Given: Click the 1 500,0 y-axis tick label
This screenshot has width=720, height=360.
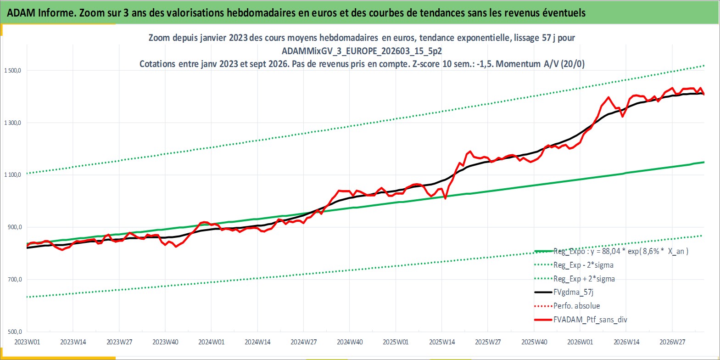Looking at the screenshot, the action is click(12, 70).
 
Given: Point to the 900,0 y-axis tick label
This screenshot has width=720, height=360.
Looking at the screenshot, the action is click(15, 227).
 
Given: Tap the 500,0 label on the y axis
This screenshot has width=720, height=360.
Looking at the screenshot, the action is click(15, 332).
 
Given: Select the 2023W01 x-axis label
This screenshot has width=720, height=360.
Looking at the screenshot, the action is click(28, 342).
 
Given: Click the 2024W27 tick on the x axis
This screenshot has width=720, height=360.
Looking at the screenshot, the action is click(304, 342).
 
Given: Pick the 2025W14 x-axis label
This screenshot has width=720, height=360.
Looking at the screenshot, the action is click(442, 342).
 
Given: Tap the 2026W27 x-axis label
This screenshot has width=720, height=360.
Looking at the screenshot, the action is click(672, 342).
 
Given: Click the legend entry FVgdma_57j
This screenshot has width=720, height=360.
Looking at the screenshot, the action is click(574, 292).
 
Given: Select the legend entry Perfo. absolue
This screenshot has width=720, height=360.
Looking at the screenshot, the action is click(577, 306).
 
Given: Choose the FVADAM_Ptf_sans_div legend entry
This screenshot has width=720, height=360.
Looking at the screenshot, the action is click(590, 320).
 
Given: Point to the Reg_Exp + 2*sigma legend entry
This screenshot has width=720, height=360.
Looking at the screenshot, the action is click(584, 279).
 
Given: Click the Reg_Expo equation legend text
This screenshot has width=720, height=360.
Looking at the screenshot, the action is click(621, 251).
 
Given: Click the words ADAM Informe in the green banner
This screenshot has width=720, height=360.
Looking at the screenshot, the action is click(41, 13).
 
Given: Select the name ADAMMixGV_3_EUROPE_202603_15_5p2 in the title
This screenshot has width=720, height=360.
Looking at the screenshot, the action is click(362, 51).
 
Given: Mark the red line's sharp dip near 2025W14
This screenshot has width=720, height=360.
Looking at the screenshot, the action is click(446, 198).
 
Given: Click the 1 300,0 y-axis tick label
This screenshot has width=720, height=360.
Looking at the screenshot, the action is click(12, 123).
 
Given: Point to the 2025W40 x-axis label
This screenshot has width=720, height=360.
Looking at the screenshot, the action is click(534, 342).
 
